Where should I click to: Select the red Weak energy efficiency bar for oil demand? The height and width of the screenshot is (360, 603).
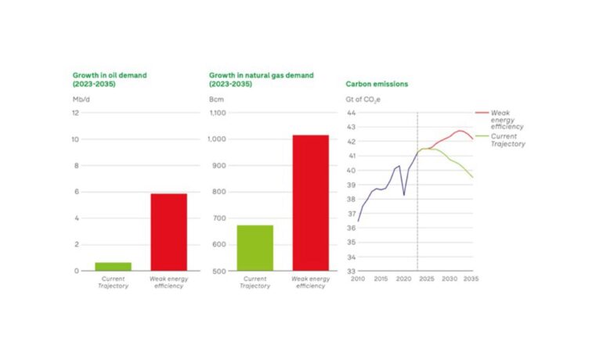(x=168, y=232)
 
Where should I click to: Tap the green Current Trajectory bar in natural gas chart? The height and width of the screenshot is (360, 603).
(x=255, y=247)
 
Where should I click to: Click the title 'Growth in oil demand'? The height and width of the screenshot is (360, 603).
(x=110, y=75)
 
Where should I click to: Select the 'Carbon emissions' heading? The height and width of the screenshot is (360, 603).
(x=377, y=83)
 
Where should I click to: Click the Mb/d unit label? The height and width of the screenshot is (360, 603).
(x=81, y=99)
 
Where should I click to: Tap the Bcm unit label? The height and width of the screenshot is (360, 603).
(x=216, y=99)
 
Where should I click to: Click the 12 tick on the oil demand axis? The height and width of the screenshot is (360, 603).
(x=75, y=113)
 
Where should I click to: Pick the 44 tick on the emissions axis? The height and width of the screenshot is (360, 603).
(x=351, y=113)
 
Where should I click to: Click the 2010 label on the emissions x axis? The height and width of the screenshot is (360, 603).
(x=358, y=279)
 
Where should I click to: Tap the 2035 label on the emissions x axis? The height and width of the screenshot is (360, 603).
(x=470, y=279)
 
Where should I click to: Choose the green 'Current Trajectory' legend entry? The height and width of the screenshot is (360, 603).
(x=507, y=140)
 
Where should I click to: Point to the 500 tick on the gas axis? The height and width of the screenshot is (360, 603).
(x=219, y=271)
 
